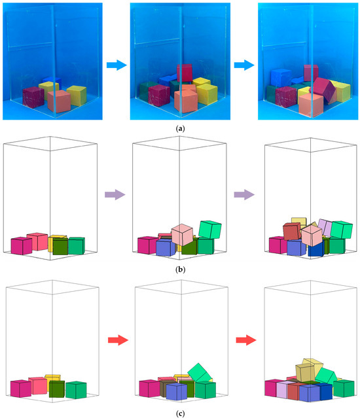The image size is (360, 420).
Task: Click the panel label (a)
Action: pyautogui.click(x=180, y=129)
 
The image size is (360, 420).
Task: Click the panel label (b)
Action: pyautogui.click(x=180, y=268)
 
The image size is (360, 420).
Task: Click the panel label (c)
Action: pyautogui.click(x=180, y=412)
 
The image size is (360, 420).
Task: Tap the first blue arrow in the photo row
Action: pyautogui.click(x=115, y=65)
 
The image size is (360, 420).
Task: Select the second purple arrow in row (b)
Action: pyautogui.click(x=243, y=194)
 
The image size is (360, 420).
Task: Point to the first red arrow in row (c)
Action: pyautogui.click(x=115, y=340)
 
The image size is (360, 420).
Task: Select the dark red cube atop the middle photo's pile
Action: pyautogui.click(x=185, y=73)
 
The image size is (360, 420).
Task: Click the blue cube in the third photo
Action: pyautogui.click(x=281, y=79)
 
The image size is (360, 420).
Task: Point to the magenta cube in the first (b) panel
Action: pyautogui.click(x=21, y=246)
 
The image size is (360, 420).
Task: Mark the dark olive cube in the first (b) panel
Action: pyautogui.click(x=60, y=247)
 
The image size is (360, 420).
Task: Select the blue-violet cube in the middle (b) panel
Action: pyautogui.click(x=165, y=247)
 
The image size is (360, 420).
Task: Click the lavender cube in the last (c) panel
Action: pyautogui.click(x=283, y=391)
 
